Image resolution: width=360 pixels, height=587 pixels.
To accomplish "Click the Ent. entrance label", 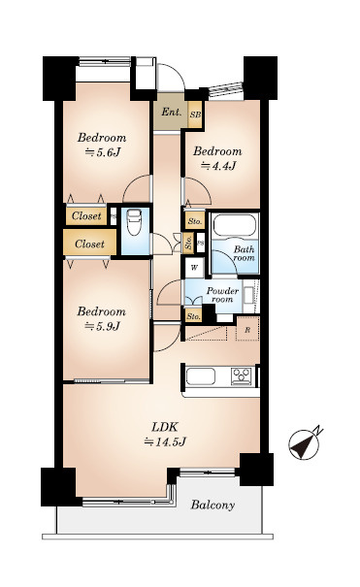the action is (x=172, y=112).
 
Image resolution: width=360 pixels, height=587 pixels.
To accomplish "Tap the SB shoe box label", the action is (x=195, y=114).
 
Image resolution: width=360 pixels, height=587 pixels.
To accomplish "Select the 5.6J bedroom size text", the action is (x=103, y=152).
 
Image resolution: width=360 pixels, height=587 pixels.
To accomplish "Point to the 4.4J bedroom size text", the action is (x=218, y=166).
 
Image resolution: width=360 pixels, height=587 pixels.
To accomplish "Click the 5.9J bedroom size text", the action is (x=102, y=326).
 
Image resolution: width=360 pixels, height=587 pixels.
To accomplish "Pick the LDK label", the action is (x=165, y=427).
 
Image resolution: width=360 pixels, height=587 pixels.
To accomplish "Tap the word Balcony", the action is (x=213, y=505).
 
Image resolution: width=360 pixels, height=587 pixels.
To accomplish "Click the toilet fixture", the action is (x=134, y=222).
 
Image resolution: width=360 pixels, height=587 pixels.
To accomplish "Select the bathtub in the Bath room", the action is (x=235, y=226).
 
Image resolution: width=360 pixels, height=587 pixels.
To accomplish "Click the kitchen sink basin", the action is (x=201, y=376).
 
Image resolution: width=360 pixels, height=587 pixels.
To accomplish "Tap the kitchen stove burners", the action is (x=241, y=375).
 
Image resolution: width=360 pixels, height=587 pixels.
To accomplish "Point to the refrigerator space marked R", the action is (x=247, y=330).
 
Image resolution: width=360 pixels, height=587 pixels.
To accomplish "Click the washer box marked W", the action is (x=194, y=267).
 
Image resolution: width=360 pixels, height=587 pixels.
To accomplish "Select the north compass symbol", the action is (x=304, y=444).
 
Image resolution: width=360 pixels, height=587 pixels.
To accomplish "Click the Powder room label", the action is (x=222, y=295).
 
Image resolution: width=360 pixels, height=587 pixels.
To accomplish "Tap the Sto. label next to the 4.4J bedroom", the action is (x=195, y=221).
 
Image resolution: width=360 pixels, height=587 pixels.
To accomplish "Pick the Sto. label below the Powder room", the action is (x=193, y=316).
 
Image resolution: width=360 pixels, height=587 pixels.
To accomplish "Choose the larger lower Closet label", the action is (x=89, y=245).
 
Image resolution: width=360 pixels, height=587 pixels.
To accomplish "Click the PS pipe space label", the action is (x=201, y=243).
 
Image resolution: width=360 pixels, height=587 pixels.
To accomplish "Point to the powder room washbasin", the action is (x=247, y=295).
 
